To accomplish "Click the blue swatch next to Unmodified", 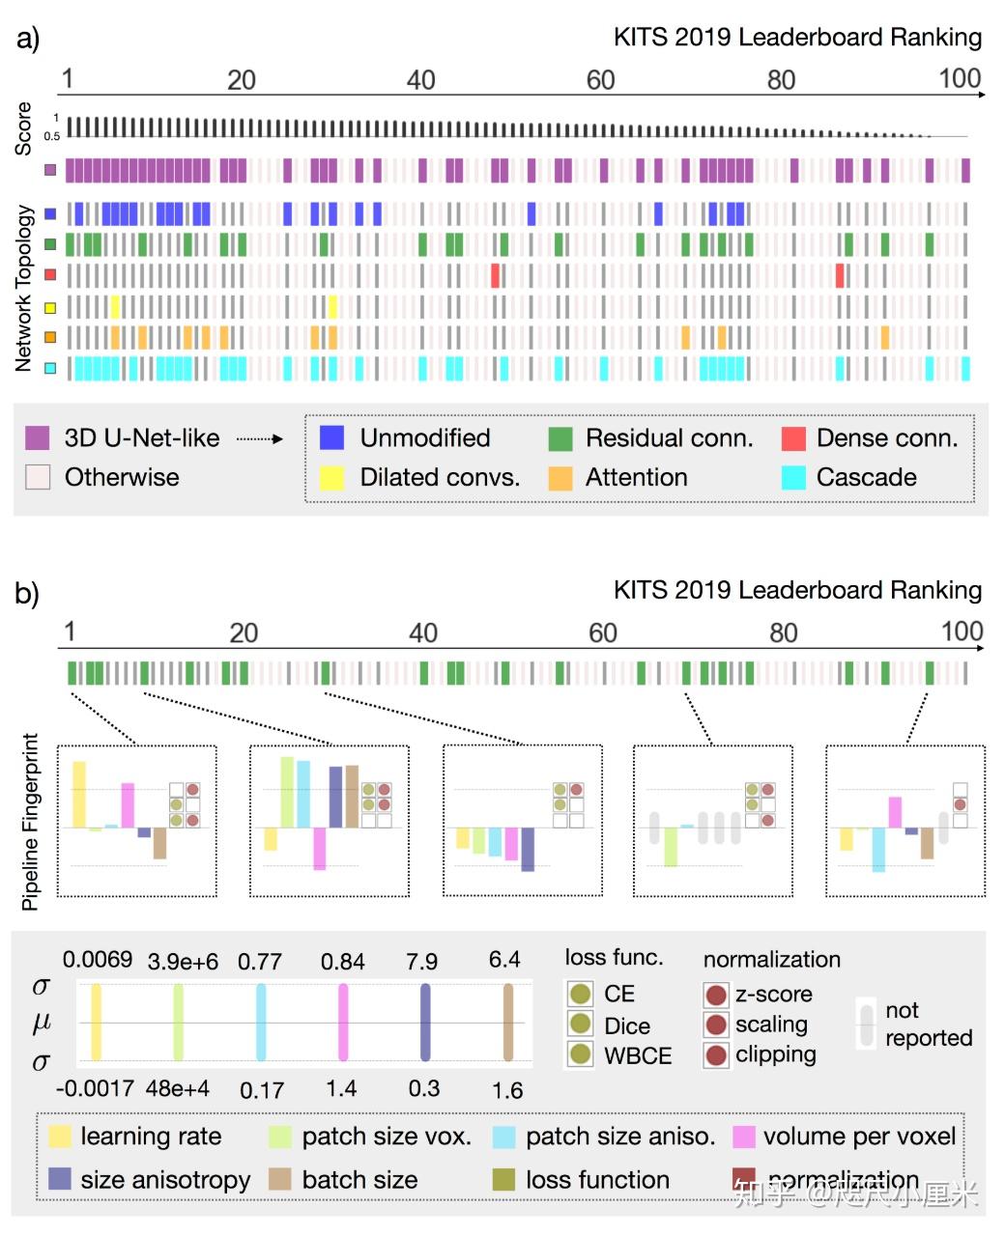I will [331, 437].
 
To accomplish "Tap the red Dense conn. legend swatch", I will [792, 437].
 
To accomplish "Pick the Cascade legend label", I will [866, 477].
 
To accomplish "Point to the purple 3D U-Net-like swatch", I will [37, 437].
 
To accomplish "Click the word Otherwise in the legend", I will [122, 477].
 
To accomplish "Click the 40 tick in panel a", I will [420, 80].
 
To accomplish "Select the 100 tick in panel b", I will [962, 632].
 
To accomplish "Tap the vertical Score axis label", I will [23, 128].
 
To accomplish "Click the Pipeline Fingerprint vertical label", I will [30, 821].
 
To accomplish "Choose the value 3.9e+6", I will [183, 962].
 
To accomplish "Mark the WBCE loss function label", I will [637, 1055].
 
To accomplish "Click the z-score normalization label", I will [773, 994].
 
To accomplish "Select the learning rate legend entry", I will [151, 1137].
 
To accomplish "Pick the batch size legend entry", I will [359, 1180].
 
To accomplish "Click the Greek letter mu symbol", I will [42, 1023].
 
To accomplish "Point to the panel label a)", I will [28, 39].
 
